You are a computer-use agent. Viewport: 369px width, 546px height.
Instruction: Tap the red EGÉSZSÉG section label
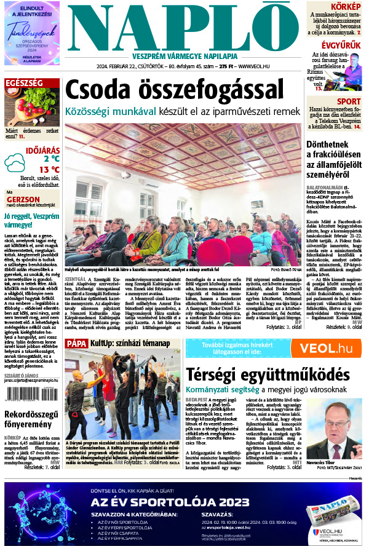pyautogui.click(x=24, y=82)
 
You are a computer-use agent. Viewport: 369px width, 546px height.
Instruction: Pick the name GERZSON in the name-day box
pyautogui.click(x=23, y=200)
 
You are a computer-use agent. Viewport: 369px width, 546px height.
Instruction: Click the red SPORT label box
pyautogui.click(x=349, y=101)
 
